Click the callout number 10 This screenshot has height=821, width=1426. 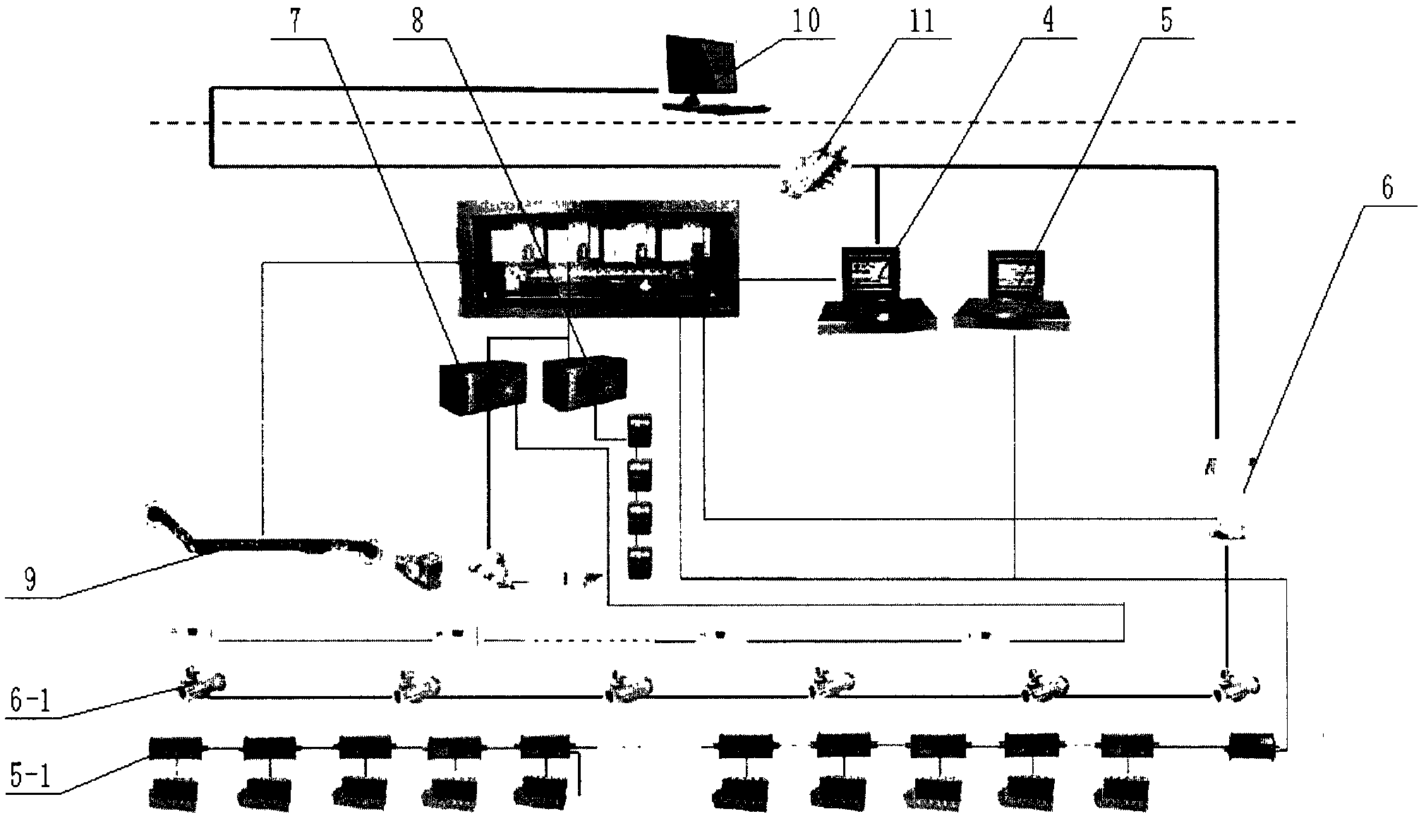[805, 21]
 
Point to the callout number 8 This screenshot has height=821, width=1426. [417, 21]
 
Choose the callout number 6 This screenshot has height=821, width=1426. [1387, 189]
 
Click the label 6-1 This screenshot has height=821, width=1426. [30, 702]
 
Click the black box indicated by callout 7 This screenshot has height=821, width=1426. [483, 387]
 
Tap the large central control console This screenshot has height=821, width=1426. [598, 258]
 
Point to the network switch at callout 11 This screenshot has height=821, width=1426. [814, 169]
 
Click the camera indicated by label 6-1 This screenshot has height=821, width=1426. [202, 684]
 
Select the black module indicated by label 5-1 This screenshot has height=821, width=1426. [176, 748]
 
